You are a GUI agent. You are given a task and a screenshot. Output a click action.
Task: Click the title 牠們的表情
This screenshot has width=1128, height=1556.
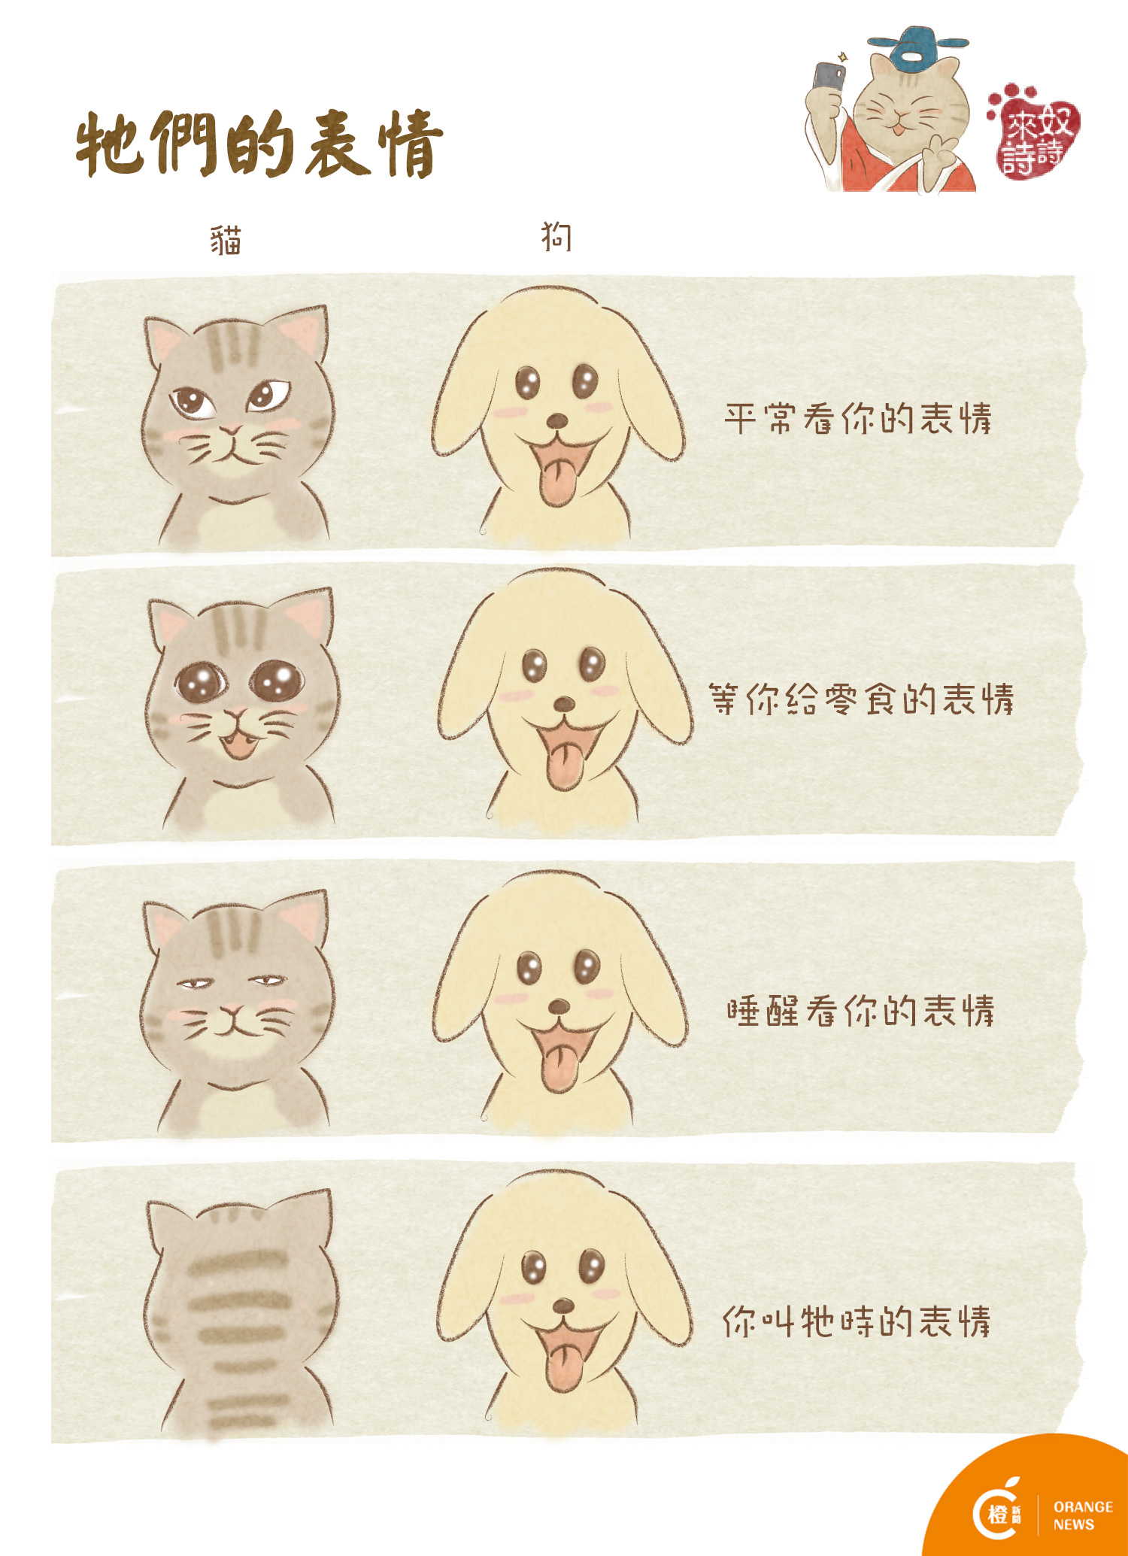pyautogui.click(x=259, y=144)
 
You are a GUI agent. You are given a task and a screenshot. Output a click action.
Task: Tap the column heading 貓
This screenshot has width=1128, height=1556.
pyautogui.click(x=226, y=241)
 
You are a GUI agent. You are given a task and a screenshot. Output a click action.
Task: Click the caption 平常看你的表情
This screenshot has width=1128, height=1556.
pyautogui.click(x=858, y=419)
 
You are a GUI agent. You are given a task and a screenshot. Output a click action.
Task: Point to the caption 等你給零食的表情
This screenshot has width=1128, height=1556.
pyautogui.click(x=861, y=699)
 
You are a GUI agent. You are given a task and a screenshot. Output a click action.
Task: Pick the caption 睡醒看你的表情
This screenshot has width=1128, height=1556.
pyautogui.click(x=860, y=1011)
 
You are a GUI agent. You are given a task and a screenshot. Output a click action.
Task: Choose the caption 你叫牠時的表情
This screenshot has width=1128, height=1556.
pyautogui.click(x=857, y=1321)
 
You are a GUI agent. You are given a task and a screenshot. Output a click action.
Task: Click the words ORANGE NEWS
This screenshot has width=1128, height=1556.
pyautogui.click(x=1083, y=1515)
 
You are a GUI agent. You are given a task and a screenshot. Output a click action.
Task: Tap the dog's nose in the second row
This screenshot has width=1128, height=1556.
pyautogui.click(x=564, y=705)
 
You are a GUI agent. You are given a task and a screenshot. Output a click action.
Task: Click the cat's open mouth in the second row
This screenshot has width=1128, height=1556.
pyautogui.click(x=238, y=745)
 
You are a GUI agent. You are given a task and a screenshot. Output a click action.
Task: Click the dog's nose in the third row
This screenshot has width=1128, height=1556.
pyautogui.click(x=559, y=1006)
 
